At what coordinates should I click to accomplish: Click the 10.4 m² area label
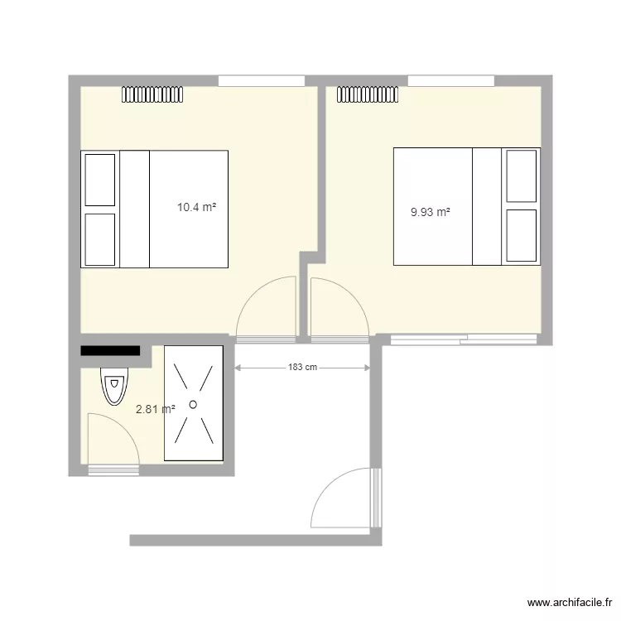(x=196, y=209)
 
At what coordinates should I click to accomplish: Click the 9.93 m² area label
(x=431, y=212)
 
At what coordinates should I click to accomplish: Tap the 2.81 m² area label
(x=156, y=408)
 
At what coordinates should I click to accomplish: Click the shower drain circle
(x=193, y=404)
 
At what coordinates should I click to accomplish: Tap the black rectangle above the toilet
(x=110, y=351)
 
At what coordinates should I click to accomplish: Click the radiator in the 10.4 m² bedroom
(x=153, y=94)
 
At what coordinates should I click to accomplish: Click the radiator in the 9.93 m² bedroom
(x=368, y=94)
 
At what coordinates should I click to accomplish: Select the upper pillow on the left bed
(x=99, y=178)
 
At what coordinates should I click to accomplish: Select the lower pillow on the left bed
(x=99, y=240)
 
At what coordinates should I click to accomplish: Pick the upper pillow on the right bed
(x=522, y=176)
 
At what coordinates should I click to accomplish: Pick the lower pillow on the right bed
(x=522, y=236)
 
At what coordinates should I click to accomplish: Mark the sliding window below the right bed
(x=464, y=338)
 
